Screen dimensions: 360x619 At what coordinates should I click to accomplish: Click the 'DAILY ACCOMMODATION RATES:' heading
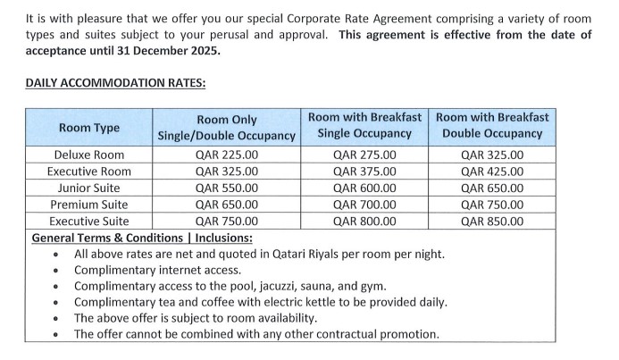(115, 83)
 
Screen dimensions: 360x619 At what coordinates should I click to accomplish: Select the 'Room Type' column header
(88, 128)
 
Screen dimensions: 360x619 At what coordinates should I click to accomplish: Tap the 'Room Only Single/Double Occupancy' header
(226, 128)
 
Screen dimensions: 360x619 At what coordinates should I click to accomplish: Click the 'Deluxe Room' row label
(88, 155)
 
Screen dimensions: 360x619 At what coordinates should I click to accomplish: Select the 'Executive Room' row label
(88, 172)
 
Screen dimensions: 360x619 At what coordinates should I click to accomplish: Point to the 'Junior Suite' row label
(88, 188)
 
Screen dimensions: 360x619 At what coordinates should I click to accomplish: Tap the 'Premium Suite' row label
(88, 205)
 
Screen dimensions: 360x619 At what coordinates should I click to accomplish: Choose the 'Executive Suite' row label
(88, 222)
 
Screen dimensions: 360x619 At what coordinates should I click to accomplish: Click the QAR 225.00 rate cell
(226, 155)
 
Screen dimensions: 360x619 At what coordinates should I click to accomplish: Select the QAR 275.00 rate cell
(364, 155)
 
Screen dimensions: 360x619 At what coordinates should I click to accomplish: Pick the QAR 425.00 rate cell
(492, 172)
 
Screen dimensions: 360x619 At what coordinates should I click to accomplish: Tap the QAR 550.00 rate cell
(226, 188)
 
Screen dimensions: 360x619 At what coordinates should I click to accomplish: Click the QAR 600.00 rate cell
(364, 188)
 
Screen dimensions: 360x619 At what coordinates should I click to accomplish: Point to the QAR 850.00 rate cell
(492, 222)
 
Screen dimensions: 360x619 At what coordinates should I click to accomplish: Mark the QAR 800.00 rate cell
(364, 222)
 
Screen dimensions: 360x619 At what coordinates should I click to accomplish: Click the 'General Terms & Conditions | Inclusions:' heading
(142, 238)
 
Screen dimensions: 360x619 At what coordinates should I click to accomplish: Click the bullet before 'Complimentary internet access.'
(56, 271)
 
